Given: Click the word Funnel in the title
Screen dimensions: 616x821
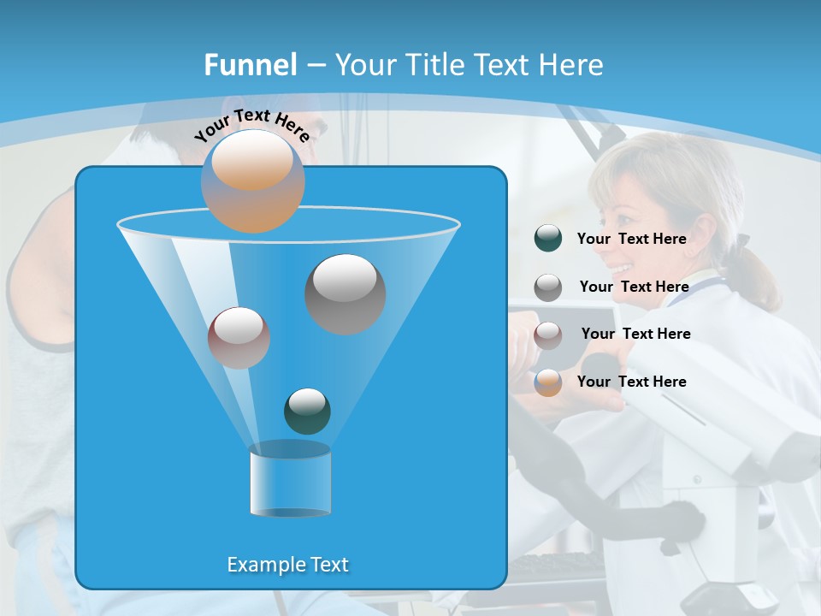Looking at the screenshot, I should (250, 65).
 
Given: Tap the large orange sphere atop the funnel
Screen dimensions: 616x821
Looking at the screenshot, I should (252, 181).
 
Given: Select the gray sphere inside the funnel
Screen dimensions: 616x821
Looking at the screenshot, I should (345, 293).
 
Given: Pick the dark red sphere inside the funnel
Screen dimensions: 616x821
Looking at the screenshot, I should (239, 337).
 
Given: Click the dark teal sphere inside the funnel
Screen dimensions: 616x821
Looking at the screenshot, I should (307, 411).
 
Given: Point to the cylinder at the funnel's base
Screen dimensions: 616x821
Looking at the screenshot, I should (290, 480).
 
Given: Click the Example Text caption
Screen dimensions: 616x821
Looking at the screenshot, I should (288, 565).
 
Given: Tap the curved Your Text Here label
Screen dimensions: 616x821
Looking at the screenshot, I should (251, 125).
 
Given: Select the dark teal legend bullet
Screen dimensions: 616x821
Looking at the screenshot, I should (548, 238).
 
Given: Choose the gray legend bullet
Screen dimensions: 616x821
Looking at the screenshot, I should (548, 287).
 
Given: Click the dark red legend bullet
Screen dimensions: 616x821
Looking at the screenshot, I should (548, 335).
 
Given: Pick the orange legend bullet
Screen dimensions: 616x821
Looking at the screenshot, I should (548, 382).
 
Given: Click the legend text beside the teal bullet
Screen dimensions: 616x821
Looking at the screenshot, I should (631, 239).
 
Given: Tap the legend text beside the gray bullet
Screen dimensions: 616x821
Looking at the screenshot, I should (634, 287).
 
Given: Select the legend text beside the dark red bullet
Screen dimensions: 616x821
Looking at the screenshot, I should (635, 334).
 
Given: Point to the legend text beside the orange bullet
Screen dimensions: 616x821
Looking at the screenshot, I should (631, 382).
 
